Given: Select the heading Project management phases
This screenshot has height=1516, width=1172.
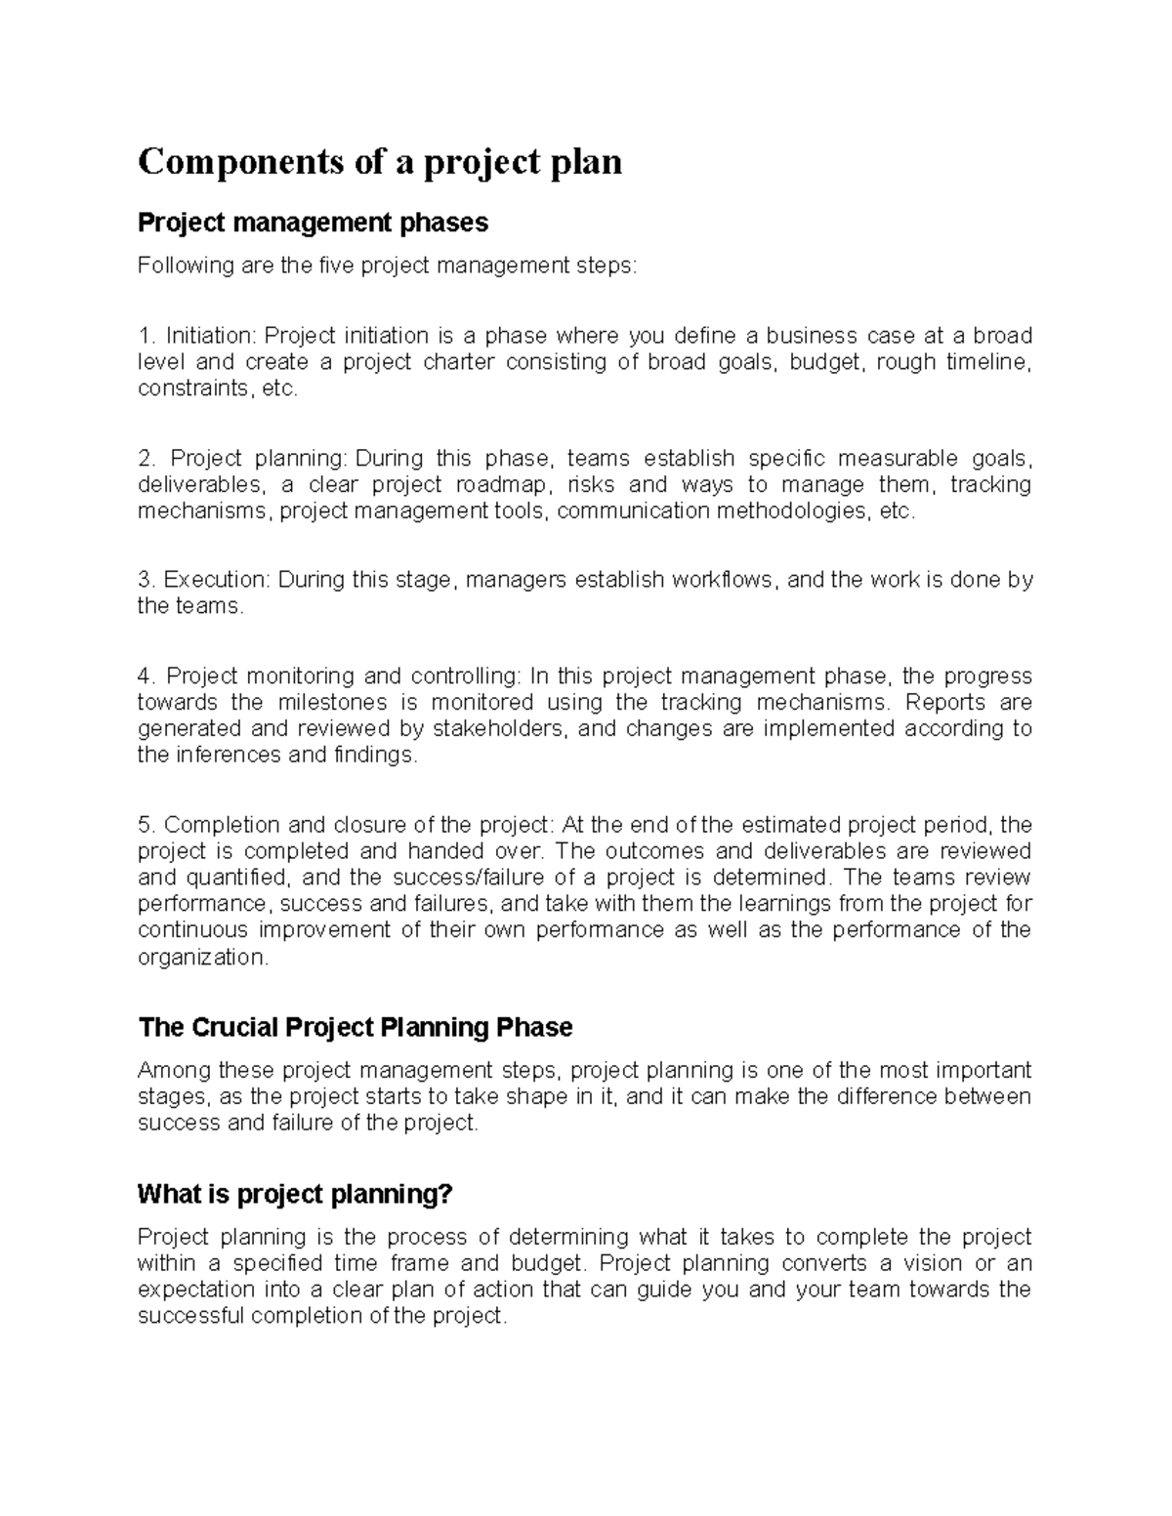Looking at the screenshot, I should pyautogui.click(x=313, y=224).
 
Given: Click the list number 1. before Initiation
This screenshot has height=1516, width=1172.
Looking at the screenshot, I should pyautogui.click(x=147, y=336).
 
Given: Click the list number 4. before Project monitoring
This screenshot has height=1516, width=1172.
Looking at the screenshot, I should pyautogui.click(x=147, y=676).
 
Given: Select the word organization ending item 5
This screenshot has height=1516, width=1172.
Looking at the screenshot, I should pyautogui.click(x=200, y=958).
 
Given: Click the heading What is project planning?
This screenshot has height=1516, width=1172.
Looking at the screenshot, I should pyautogui.click(x=296, y=1194).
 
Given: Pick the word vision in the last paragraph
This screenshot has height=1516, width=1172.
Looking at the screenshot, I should pyautogui.click(x=935, y=1264).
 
